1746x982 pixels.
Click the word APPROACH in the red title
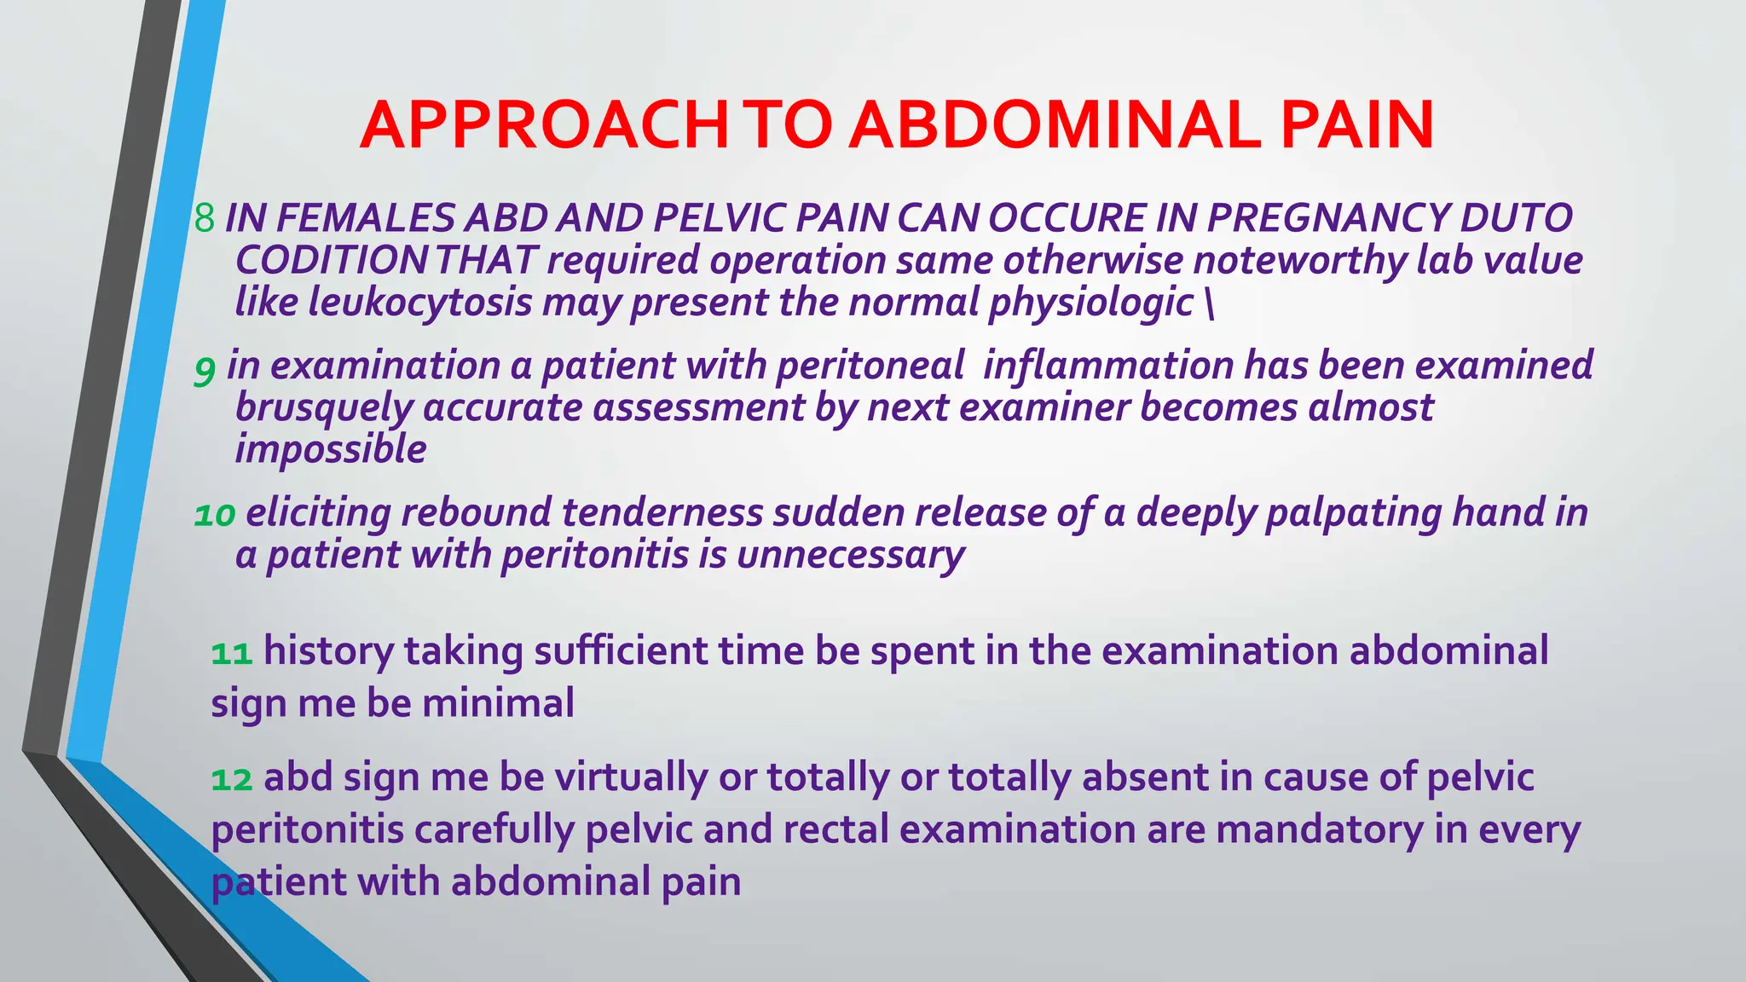pyautogui.click(x=544, y=125)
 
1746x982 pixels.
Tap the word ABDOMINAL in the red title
pyautogui.click(x=1055, y=125)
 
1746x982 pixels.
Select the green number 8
pyautogui.click(x=204, y=218)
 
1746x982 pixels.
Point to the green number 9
pyautogui.click(x=205, y=368)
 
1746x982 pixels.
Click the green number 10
pyautogui.click(x=214, y=515)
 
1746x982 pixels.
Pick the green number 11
pyautogui.click(x=231, y=653)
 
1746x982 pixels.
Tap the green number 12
pyautogui.click(x=231, y=779)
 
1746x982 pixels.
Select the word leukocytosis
pyautogui.click(x=420, y=302)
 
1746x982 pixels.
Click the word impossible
pyautogui.click(x=331, y=449)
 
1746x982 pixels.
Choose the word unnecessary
pyautogui.click(x=850, y=555)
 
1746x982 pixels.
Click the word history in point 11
pyautogui.click(x=328, y=651)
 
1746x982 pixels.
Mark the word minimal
pyautogui.click(x=498, y=704)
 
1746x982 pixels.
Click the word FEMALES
pyautogui.click(x=366, y=218)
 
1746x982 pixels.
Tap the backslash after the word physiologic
pyautogui.click(x=1210, y=303)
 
